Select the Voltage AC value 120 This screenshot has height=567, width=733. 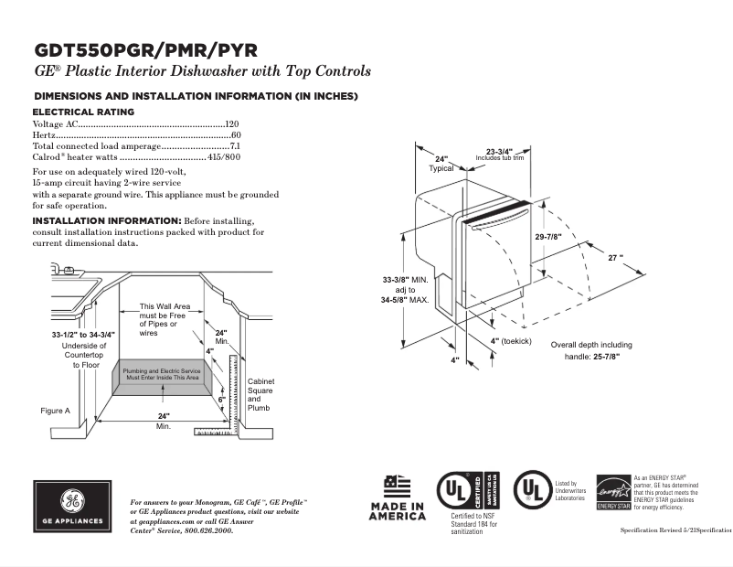[232, 123]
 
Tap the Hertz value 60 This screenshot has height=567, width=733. [235, 134]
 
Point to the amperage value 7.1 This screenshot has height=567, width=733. [234, 146]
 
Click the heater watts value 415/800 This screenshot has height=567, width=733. [224, 157]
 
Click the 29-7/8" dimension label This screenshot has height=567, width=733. [548, 237]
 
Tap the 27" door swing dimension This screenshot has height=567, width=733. [615, 259]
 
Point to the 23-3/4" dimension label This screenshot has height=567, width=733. [499, 151]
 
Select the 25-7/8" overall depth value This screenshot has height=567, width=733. [604, 356]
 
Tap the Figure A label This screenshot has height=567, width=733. [55, 411]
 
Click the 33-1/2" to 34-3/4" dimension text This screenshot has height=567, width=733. [83, 336]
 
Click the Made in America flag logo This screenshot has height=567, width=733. [397, 486]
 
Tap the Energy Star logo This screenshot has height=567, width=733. [613, 492]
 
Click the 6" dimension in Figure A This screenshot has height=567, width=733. [220, 400]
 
